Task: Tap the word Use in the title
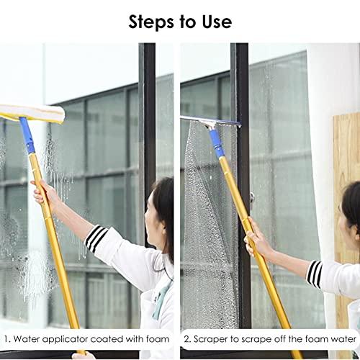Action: (x=216, y=22)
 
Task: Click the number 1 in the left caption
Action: (x=6, y=338)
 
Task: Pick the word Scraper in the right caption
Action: (x=212, y=338)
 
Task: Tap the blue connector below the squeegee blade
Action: (x=215, y=144)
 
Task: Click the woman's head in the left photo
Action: (x=162, y=209)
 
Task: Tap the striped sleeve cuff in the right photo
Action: (x=314, y=274)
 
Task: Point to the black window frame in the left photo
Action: (x=147, y=130)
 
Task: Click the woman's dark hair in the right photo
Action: (x=351, y=216)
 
